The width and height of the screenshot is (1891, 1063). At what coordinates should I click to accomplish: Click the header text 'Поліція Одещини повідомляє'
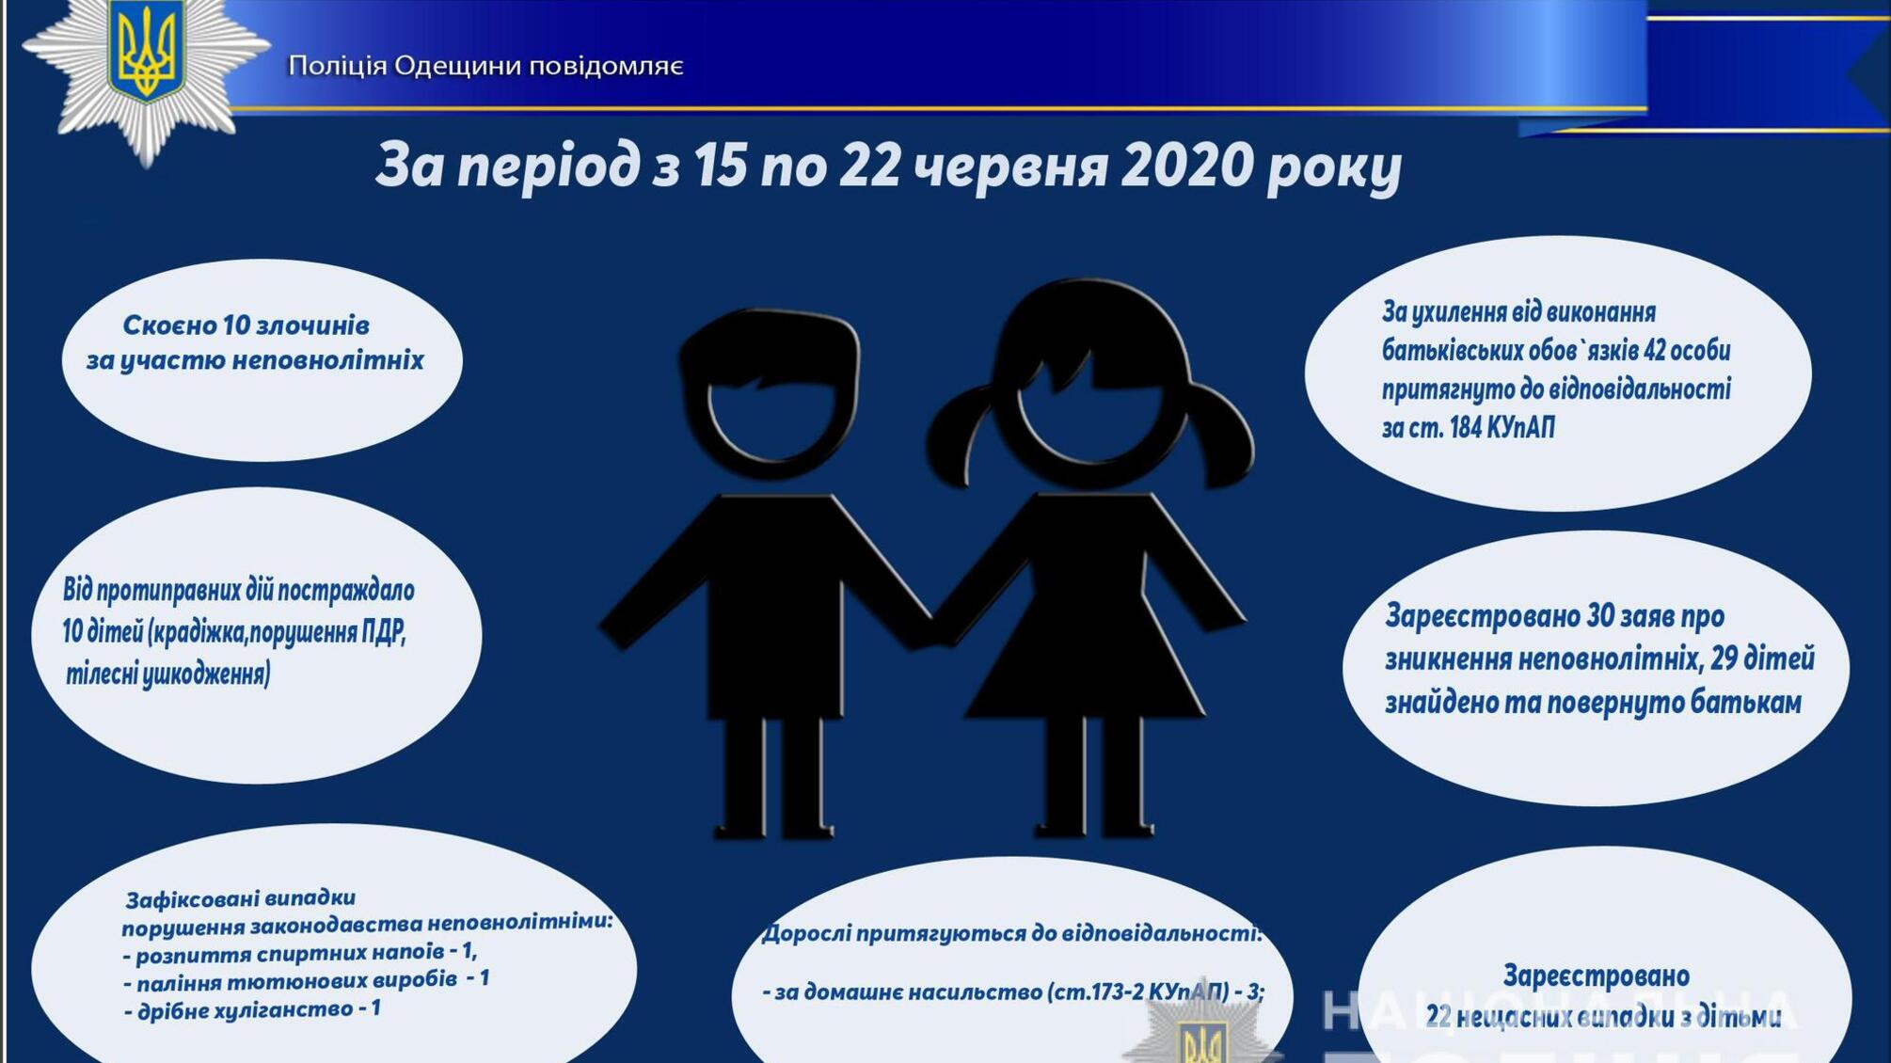(x=485, y=66)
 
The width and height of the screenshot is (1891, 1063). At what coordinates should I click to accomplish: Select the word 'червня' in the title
(x=1009, y=166)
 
